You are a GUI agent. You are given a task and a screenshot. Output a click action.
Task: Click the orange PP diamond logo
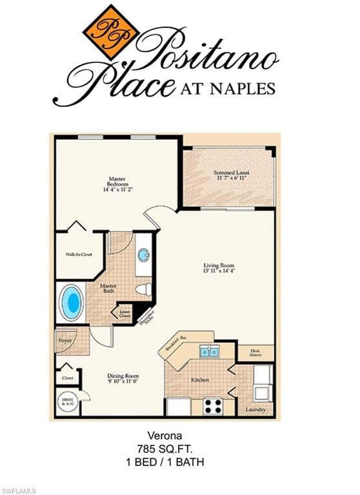111,32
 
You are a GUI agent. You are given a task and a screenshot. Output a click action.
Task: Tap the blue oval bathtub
71,301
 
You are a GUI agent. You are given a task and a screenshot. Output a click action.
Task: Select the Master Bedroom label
116,184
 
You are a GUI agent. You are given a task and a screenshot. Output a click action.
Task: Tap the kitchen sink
208,351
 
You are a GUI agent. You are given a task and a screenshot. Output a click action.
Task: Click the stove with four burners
212,405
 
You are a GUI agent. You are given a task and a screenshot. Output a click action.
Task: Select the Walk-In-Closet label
79,255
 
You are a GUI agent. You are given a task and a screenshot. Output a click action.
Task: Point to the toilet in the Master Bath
145,289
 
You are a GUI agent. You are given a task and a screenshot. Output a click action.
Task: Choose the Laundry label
255,409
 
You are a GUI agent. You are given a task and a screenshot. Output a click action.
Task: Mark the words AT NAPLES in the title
226,88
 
